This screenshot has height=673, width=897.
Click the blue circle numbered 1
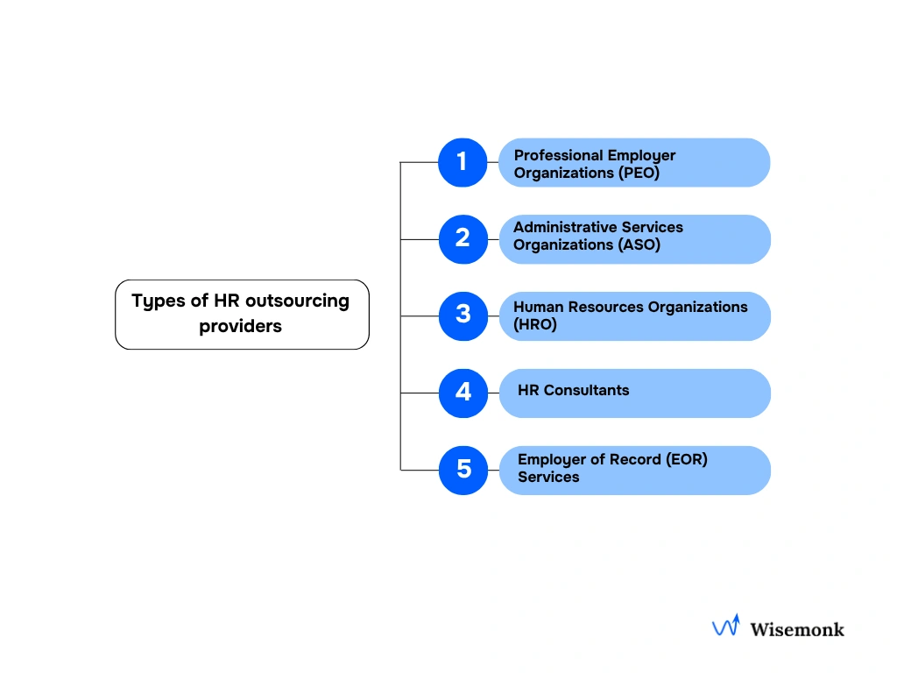(x=463, y=162)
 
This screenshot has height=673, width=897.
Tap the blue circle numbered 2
(x=463, y=238)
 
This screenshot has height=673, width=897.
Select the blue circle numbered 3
(x=463, y=315)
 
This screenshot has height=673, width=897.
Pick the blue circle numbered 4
(x=463, y=393)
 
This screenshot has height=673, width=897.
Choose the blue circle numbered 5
(x=463, y=470)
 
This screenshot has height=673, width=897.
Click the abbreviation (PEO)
(x=639, y=173)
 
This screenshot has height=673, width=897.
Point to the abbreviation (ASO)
(x=640, y=244)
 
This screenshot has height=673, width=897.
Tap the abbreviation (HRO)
(x=535, y=324)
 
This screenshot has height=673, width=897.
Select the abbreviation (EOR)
(x=685, y=459)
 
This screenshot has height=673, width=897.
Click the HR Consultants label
(x=573, y=390)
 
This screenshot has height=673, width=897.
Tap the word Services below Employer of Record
(x=548, y=477)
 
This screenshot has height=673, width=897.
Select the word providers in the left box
(x=240, y=326)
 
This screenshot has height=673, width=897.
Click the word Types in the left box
(x=158, y=301)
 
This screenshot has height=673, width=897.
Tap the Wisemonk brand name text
(x=797, y=628)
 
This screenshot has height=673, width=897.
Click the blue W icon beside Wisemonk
(x=725, y=626)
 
